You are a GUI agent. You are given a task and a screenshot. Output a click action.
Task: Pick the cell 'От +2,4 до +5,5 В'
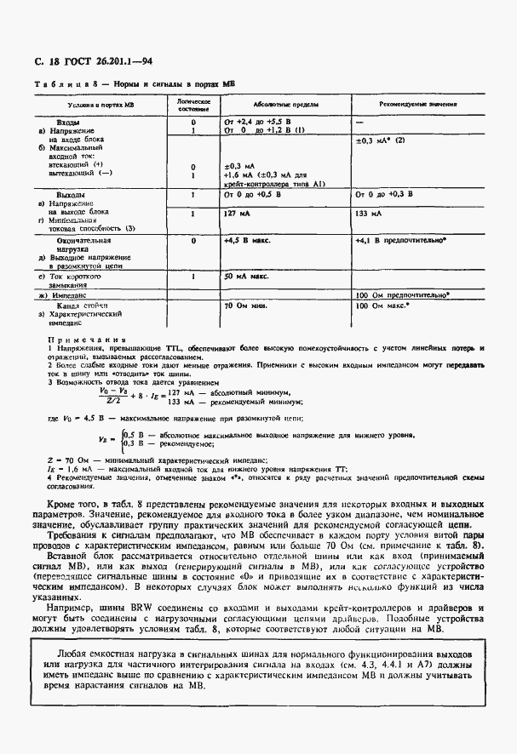263,123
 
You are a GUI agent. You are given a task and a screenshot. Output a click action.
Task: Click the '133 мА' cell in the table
368,214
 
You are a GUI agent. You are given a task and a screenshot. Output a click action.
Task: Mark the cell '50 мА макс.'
247,277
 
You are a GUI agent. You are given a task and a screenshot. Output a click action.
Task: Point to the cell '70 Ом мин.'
245,305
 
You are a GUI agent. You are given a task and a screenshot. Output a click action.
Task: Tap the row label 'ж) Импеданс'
74,295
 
